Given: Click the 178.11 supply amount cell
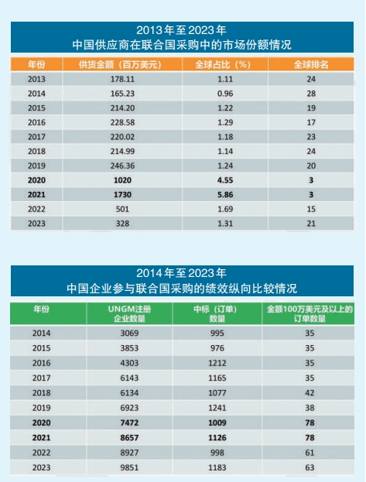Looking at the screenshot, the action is click(x=122, y=79).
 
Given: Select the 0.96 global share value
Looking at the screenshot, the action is click(x=225, y=94).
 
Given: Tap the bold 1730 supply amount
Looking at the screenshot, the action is click(x=122, y=195).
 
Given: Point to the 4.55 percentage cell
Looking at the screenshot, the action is click(x=225, y=180).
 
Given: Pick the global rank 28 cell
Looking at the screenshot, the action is click(x=311, y=94).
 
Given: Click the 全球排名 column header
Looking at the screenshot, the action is click(x=311, y=64).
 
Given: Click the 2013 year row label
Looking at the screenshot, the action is click(x=36, y=79).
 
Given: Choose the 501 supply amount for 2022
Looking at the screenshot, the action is click(x=122, y=209).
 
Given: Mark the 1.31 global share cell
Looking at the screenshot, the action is click(x=225, y=224).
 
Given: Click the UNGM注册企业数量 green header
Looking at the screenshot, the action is click(x=129, y=313).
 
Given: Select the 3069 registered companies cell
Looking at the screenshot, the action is click(x=129, y=333).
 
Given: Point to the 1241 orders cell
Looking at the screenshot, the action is click(x=217, y=408).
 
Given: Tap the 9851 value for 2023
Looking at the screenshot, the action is click(x=129, y=467).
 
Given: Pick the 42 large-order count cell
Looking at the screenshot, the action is click(x=310, y=393).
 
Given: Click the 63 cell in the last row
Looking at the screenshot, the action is click(x=310, y=467).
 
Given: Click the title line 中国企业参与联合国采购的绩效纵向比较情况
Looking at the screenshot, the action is click(x=182, y=289).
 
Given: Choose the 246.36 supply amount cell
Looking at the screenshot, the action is click(x=122, y=166).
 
